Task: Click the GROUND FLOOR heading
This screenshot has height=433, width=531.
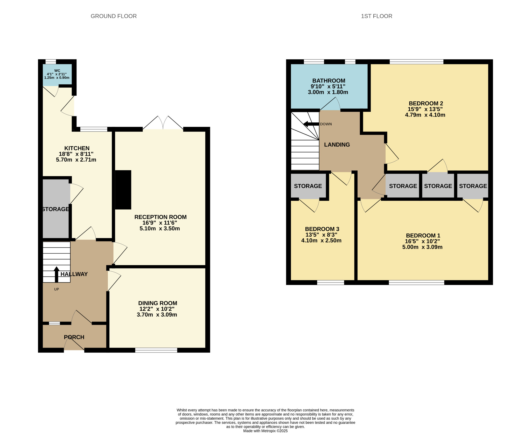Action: (114, 16)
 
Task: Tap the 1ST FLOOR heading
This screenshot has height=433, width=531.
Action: (376, 16)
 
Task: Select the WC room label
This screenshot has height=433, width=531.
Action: (57, 71)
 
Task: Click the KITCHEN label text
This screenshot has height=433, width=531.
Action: (77, 148)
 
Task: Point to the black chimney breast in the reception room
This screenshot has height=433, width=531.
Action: (123, 190)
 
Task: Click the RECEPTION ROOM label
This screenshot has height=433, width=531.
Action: (160, 217)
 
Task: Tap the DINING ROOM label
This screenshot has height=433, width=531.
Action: (158, 303)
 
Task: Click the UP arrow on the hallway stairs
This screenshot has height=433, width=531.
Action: (56, 274)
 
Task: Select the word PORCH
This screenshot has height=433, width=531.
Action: (74, 337)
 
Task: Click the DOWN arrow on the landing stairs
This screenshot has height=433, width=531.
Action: (311, 124)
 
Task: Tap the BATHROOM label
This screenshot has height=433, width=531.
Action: (329, 81)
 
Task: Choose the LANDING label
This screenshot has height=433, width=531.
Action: (337, 145)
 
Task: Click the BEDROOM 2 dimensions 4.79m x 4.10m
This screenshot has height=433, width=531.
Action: (425, 115)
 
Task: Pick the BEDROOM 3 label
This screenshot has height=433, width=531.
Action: (322, 229)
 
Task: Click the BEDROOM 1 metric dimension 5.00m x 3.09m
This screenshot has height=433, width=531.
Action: (422, 247)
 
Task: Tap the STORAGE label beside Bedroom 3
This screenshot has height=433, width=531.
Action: (308, 186)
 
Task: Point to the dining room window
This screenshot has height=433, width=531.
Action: (156, 350)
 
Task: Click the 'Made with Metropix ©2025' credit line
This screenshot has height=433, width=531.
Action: (265, 431)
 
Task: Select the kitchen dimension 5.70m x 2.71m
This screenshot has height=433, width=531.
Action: (76, 160)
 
